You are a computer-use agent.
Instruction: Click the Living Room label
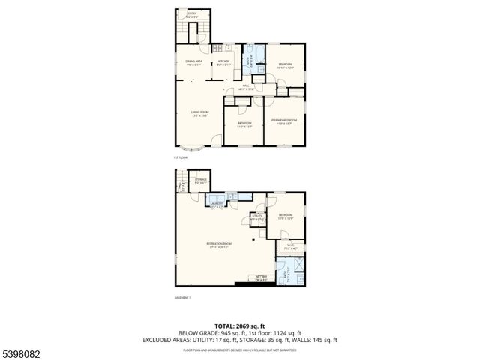coord(198,113)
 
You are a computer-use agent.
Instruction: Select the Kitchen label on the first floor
coord(223,63)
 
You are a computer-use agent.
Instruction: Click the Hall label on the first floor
coord(246,88)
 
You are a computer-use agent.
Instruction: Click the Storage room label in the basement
coord(200,181)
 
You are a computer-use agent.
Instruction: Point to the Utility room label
coord(256,218)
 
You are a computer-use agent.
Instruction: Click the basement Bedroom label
coord(286,217)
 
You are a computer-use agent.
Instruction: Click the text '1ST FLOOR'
coord(179,157)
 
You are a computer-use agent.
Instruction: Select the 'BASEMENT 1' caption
coord(183,298)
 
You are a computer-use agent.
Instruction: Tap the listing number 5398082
coord(22,352)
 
